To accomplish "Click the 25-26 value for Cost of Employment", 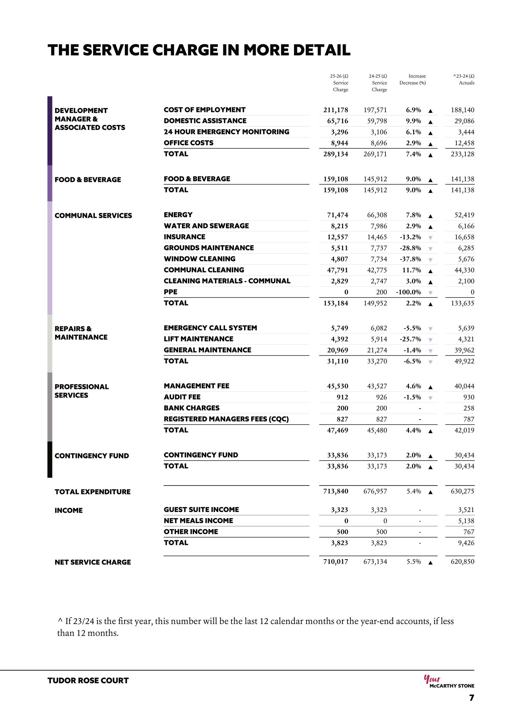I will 335,110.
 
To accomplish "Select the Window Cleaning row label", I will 199,259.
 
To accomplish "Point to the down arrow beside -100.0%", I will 430,293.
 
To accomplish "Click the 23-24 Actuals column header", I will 464,79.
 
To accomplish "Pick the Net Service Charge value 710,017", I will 335,562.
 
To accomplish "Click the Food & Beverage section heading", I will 88,180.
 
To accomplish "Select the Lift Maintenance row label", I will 198,339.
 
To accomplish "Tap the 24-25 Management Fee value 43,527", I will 377,386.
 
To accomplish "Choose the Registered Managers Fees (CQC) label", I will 226,419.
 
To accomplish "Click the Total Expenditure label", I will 92,492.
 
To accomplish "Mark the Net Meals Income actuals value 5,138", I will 466,521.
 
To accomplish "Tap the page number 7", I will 471,698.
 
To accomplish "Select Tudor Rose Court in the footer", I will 88,681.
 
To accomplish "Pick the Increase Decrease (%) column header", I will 413,79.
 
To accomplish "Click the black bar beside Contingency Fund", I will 50,459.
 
